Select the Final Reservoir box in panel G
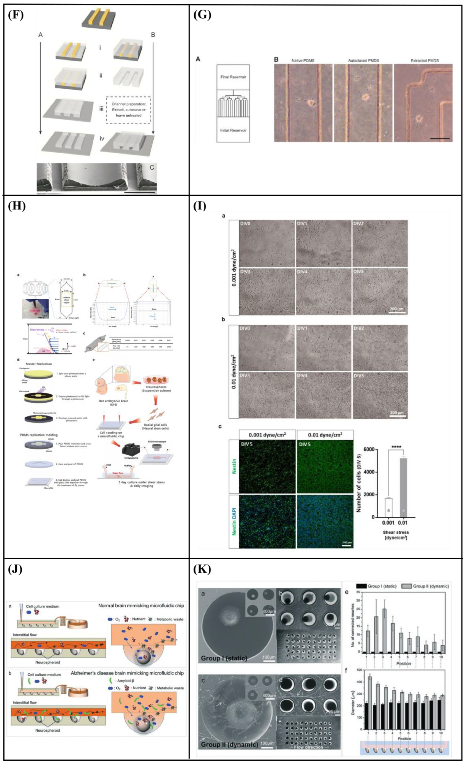(x=233, y=77)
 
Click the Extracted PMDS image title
(x=424, y=61)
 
